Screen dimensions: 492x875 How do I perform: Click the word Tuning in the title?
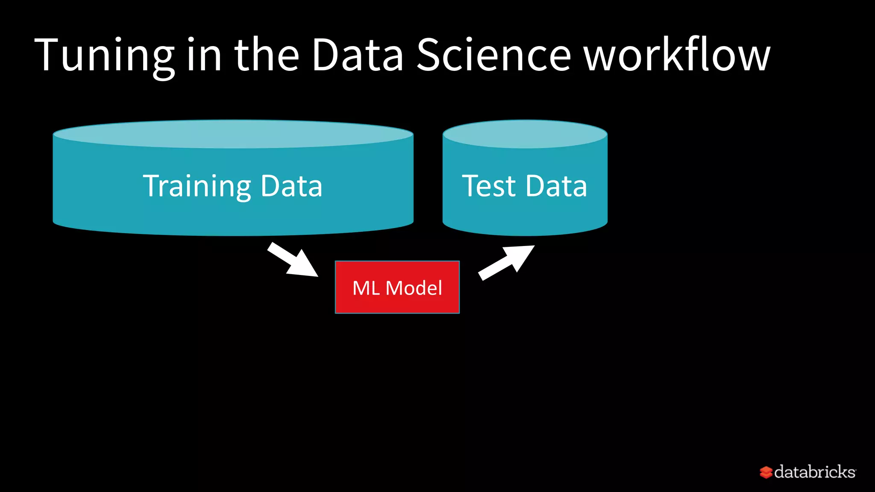pos(105,56)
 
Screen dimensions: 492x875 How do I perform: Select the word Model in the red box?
pos(414,288)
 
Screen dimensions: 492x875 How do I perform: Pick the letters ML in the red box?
pos(366,288)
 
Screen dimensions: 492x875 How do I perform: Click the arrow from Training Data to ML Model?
pos(293,260)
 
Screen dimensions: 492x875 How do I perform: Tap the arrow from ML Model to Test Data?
pos(506,262)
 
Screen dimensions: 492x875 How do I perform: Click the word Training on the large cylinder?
pos(197,186)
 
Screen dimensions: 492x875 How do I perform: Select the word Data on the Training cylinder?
pos(291,186)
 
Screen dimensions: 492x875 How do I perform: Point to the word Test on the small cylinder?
pos(489,186)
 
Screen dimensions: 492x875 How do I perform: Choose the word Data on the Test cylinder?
pos(556,186)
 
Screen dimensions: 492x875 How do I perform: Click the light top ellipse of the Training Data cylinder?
pos(233,134)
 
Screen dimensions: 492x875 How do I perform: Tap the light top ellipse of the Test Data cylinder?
pos(525,134)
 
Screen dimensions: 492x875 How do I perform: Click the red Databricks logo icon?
pos(766,472)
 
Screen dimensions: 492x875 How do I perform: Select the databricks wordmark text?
pos(814,472)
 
